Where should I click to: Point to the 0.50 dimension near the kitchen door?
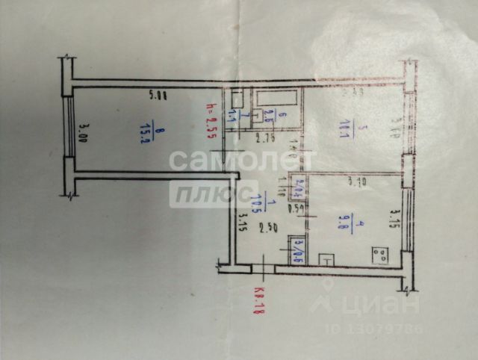(297, 208)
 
